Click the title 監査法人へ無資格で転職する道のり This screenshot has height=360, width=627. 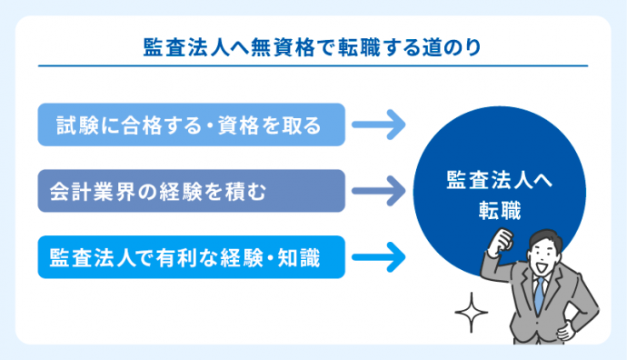(313, 46)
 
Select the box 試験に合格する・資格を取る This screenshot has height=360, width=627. (192, 125)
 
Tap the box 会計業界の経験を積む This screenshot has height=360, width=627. (192, 191)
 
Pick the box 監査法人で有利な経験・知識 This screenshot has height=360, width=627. (192, 256)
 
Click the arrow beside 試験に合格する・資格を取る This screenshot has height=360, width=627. (378, 125)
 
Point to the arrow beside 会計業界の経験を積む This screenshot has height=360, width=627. (378, 191)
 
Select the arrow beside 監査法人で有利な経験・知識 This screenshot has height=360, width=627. (378, 256)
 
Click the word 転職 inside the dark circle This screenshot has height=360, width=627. (500, 208)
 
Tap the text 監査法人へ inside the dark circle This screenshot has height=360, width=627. (500, 179)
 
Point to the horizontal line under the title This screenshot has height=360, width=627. (313, 65)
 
